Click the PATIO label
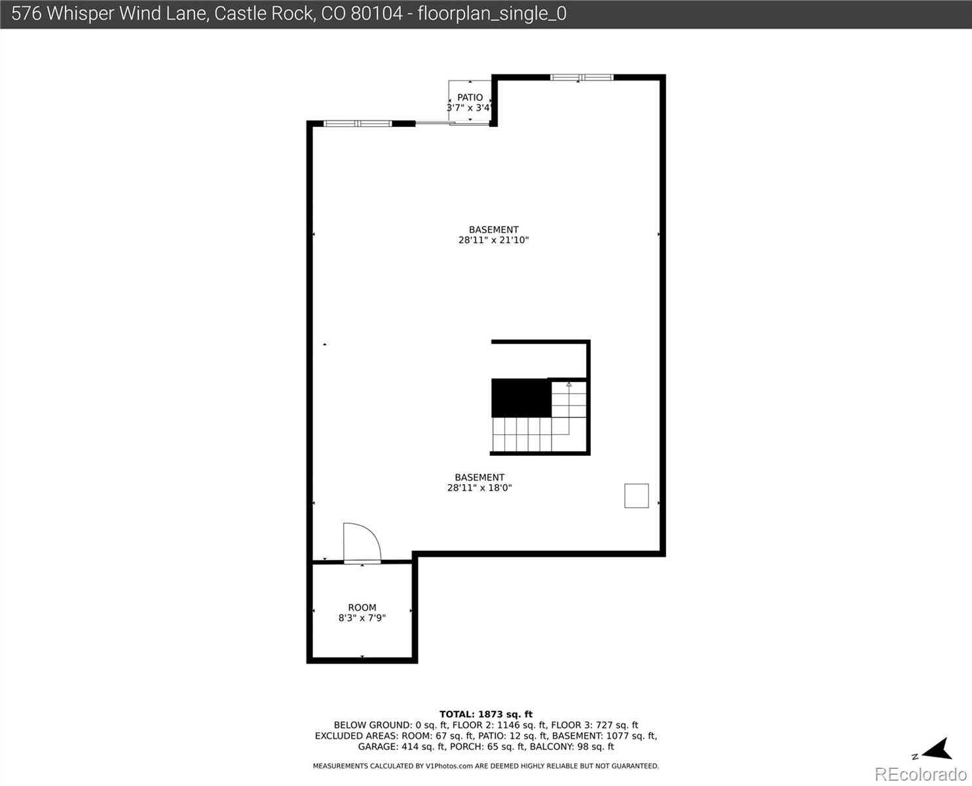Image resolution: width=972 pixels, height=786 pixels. (x=470, y=98)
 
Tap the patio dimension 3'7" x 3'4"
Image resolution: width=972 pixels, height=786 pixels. (x=469, y=108)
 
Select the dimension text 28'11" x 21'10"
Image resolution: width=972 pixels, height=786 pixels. (x=493, y=240)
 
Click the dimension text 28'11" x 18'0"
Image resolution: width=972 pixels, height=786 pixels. (x=479, y=488)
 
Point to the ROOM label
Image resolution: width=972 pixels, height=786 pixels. (x=362, y=608)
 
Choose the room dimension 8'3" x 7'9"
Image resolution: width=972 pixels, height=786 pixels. (x=362, y=618)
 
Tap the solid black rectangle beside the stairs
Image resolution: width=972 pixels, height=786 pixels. (x=521, y=398)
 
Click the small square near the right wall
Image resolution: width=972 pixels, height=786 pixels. (x=636, y=496)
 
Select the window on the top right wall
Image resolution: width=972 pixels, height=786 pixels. (x=582, y=77)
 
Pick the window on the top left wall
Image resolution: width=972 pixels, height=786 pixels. (x=358, y=123)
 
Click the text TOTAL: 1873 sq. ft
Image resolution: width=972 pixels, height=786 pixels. (x=485, y=715)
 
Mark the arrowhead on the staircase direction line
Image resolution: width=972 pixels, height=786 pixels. (x=569, y=384)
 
